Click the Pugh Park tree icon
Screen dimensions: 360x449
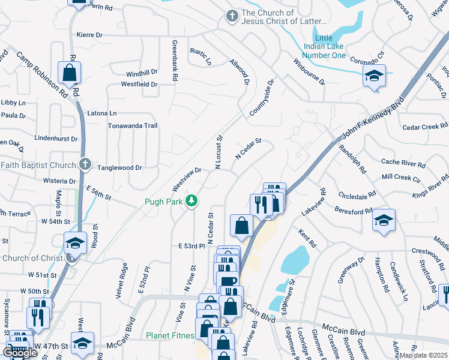point(191,200)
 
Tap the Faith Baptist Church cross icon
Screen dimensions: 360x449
point(85,164)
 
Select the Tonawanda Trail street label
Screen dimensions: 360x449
point(132,126)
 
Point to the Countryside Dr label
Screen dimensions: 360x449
point(262,98)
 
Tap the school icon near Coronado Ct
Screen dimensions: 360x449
point(374,76)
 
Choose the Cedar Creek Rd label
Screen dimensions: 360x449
point(425,127)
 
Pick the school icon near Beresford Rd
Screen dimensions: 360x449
point(384,220)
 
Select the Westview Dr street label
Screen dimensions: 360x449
point(186,176)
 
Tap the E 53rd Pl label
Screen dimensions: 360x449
point(192,246)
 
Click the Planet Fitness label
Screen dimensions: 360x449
point(171,335)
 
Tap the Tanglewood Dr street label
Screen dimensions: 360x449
point(119,169)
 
